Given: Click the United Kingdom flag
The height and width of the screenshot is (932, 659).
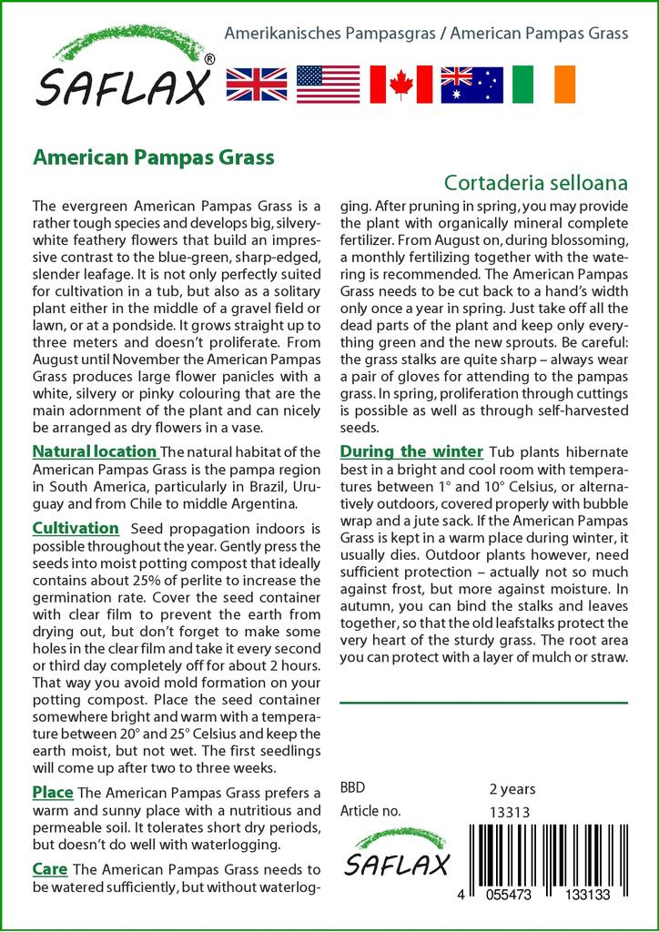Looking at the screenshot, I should click(257, 84).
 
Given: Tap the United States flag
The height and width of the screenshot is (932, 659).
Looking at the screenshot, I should click(329, 84).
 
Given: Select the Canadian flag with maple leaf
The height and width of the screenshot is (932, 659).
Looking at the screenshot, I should click(400, 84).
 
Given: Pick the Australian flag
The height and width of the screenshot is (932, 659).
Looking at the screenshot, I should click(471, 84).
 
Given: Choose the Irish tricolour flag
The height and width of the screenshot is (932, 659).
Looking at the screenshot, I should click(543, 84).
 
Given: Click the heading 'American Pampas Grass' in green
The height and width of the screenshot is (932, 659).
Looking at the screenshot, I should click(153, 157).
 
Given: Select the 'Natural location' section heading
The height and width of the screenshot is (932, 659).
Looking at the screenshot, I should click(95, 451).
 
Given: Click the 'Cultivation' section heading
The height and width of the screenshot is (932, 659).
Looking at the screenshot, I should click(76, 528).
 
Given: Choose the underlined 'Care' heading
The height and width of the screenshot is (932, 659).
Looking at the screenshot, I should click(50, 868).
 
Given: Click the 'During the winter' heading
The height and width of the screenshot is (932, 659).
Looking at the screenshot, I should click(411, 451).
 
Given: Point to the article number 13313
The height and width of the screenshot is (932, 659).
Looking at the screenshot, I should click(510, 812).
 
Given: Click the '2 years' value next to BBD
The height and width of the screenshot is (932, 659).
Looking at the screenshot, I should click(512, 788).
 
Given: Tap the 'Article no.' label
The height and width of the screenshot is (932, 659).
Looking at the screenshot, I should click(370, 812).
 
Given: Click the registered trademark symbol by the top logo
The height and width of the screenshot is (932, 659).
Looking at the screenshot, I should click(210, 59).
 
